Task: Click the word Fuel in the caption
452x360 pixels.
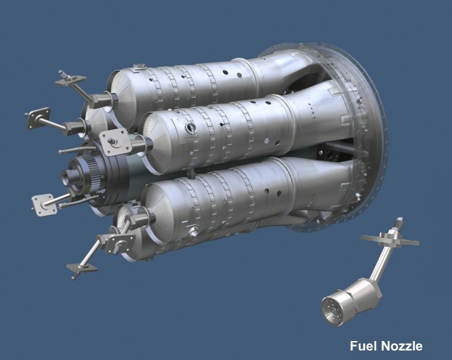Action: (x=363, y=346)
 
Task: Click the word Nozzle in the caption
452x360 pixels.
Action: (x=400, y=346)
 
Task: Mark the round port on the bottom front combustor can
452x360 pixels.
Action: (x=193, y=232)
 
